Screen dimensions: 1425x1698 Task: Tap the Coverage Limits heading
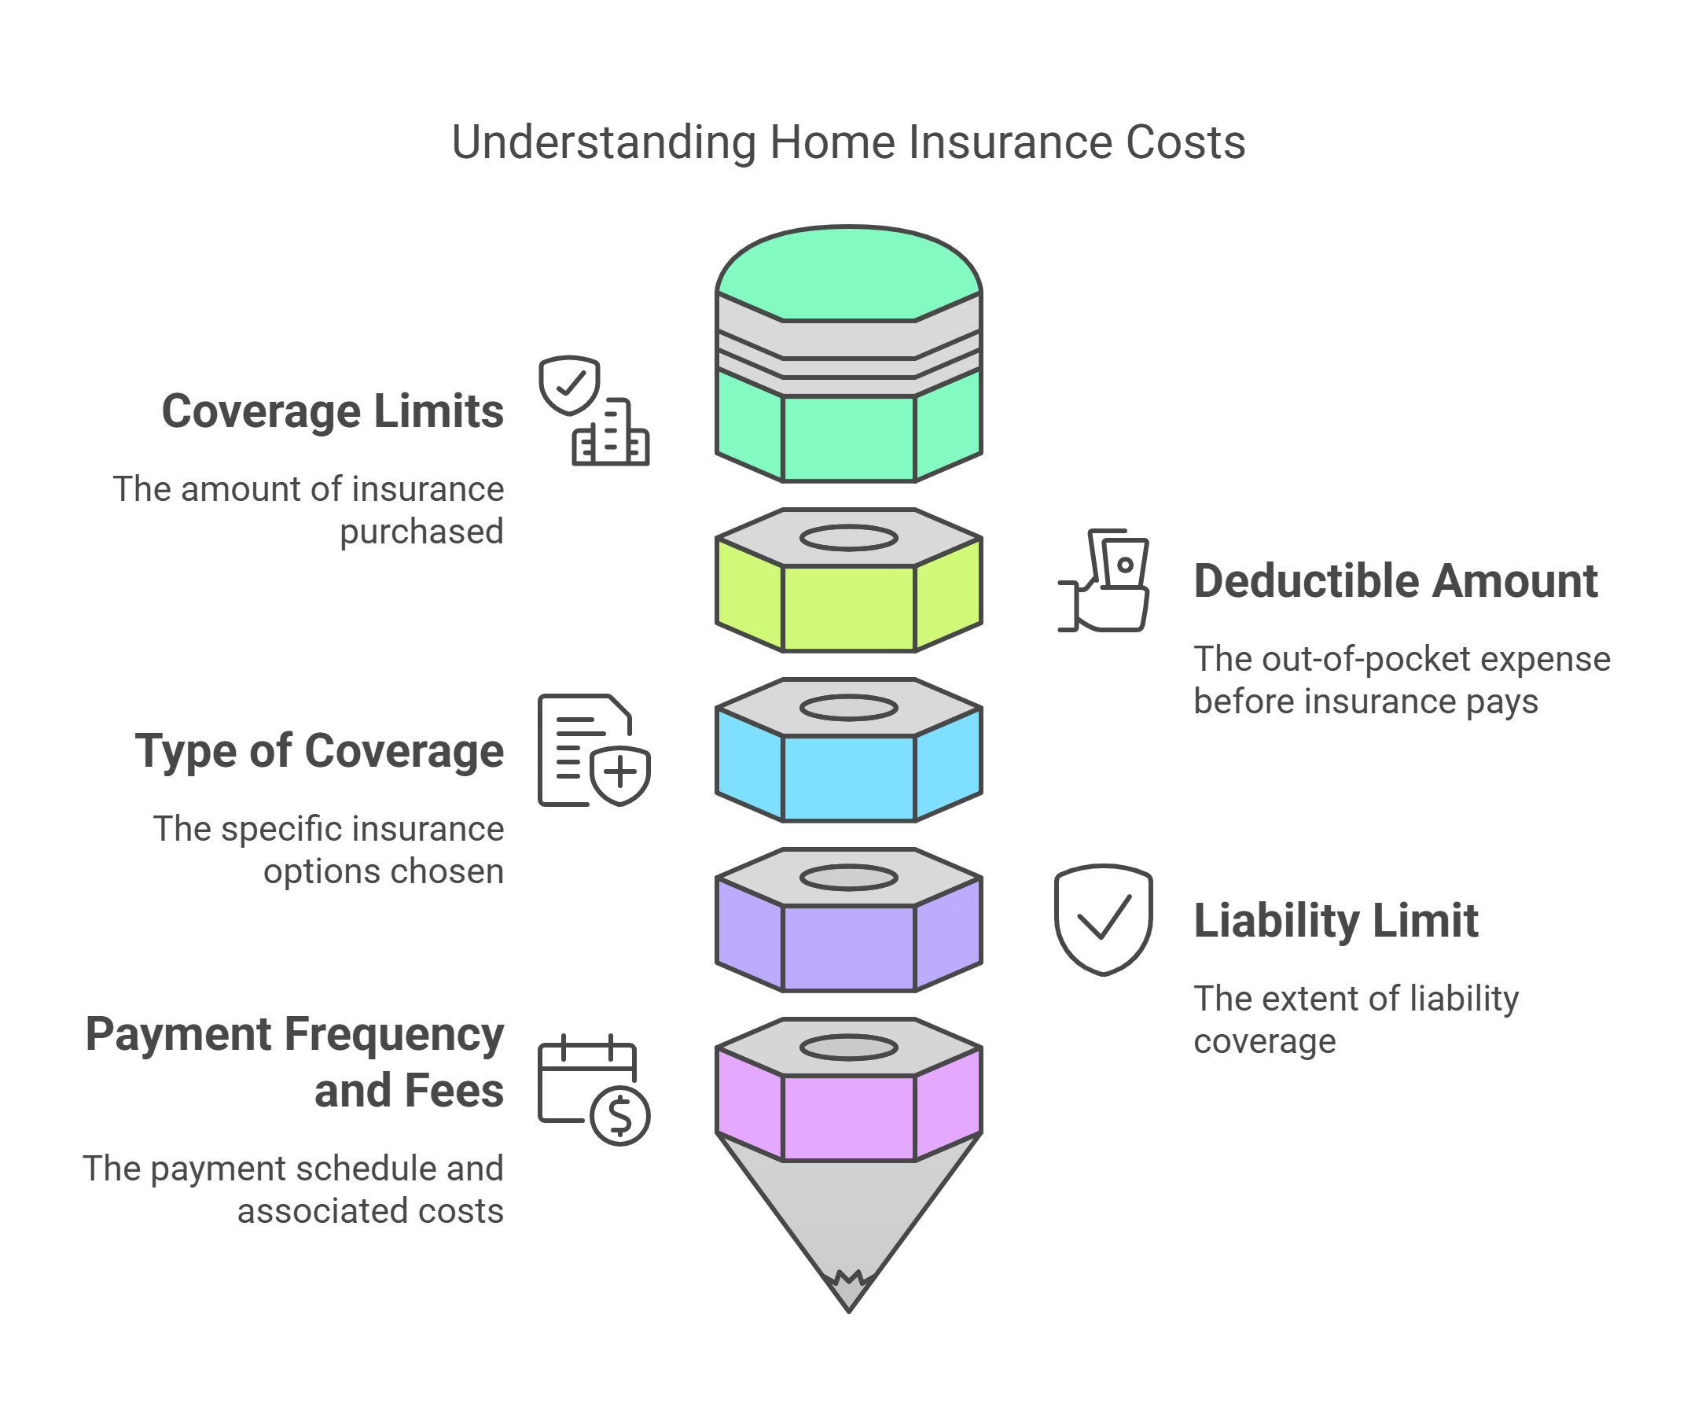[x=333, y=411]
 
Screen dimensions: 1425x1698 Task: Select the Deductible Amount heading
[x=1395, y=581]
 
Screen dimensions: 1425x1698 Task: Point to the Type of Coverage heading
[x=319, y=751]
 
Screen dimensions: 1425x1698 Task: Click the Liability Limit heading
[x=1336, y=921]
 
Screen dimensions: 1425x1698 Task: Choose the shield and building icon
[x=594, y=411]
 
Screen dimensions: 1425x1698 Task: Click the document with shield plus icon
[x=594, y=750]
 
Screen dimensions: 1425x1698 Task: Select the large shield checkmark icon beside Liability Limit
[x=1103, y=919]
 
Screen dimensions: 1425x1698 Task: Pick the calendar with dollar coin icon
[x=594, y=1089]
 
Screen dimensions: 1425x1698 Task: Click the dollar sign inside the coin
[x=620, y=1115]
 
